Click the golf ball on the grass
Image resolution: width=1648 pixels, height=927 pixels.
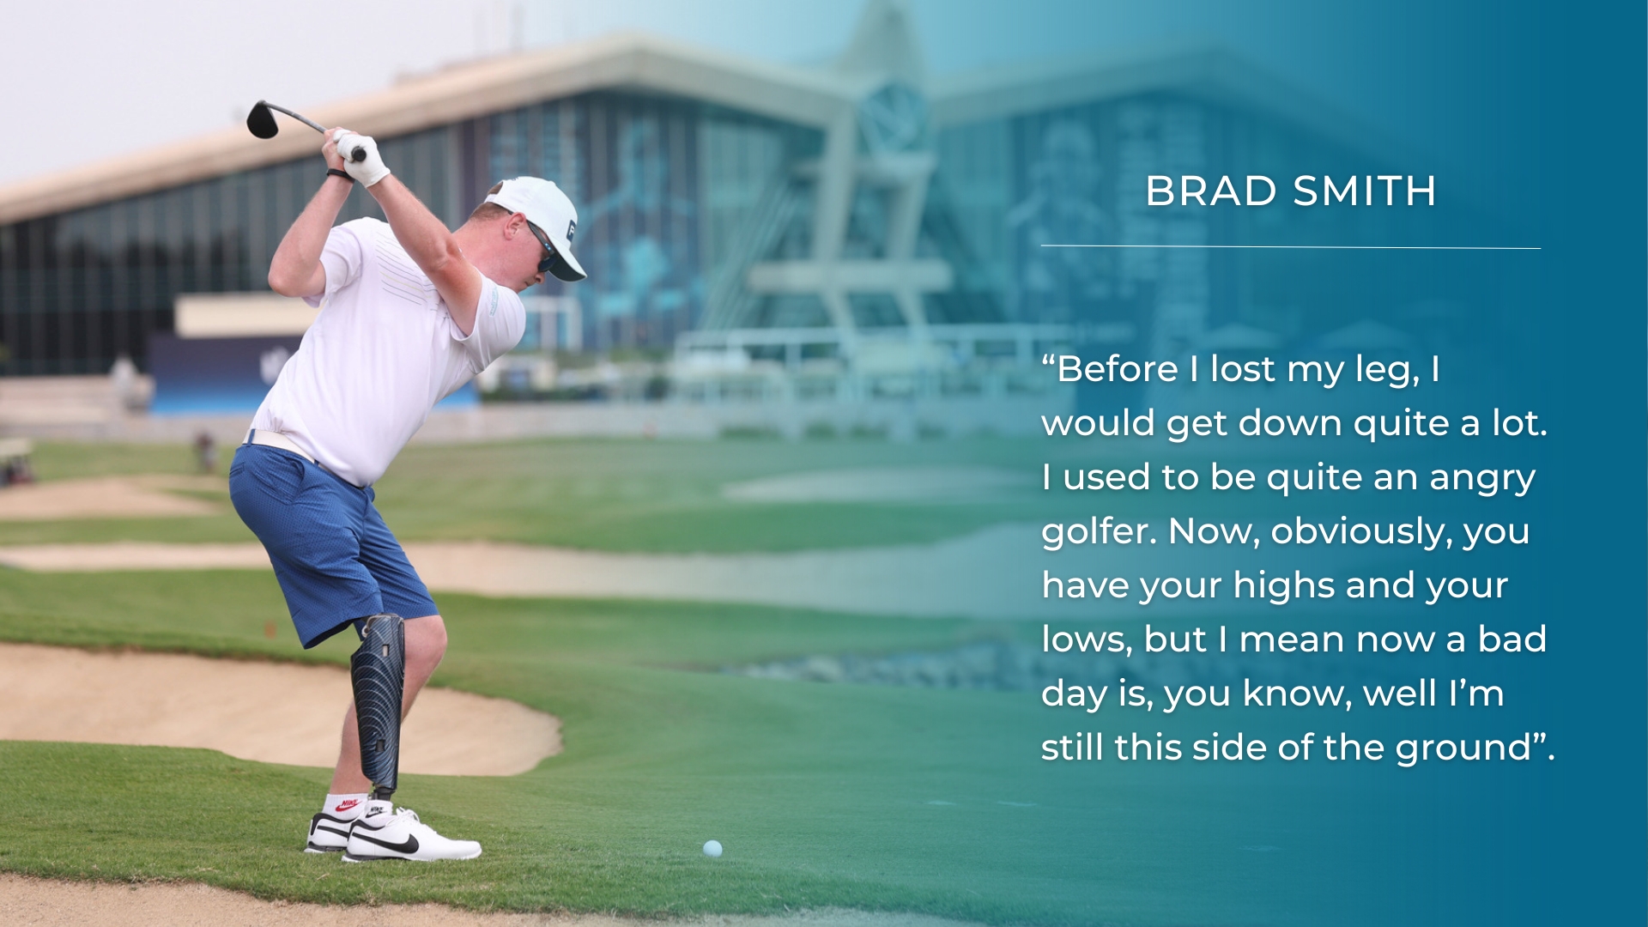[x=712, y=849]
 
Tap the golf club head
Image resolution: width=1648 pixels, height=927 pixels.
[x=262, y=119]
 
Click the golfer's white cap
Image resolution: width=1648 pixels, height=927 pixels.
[x=541, y=223]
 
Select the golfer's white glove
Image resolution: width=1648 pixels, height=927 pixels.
[x=362, y=157]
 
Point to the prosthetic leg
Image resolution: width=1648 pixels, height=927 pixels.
[x=378, y=704]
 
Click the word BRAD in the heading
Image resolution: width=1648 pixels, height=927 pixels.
[x=1211, y=191]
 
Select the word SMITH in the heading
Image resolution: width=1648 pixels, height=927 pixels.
[x=1364, y=191]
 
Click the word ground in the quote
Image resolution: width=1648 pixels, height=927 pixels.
[x=1464, y=748]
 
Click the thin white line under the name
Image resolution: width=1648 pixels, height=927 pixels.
[x=1291, y=247]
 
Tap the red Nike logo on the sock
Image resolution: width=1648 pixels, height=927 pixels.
[x=347, y=804]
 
